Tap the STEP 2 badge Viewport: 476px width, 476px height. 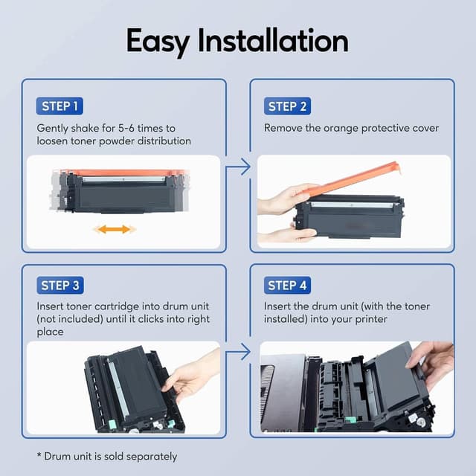[287, 106]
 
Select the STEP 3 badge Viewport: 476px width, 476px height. [61, 286]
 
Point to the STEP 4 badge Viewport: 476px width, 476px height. [287, 286]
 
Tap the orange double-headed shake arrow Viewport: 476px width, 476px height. [115, 229]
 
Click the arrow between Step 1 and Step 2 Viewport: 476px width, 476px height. [238, 168]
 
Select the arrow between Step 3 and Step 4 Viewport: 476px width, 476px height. [238, 350]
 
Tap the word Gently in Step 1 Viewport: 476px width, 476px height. [53, 128]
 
